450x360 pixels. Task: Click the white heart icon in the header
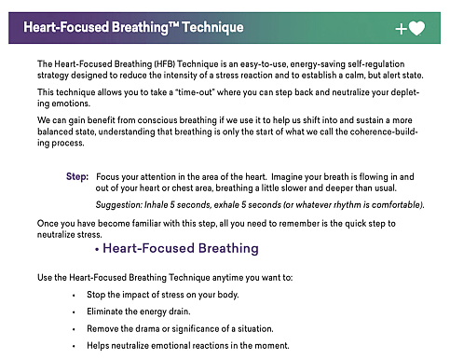[417, 28]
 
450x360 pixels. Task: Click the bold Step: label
[78, 175]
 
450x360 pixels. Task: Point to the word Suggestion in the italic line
[119, 204]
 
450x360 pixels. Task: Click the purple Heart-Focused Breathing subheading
[180, 249]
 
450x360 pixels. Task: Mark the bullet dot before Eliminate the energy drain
[74, 312]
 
